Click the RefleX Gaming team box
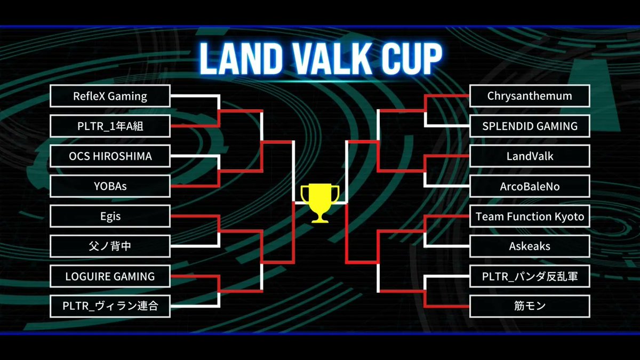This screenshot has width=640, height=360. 110,96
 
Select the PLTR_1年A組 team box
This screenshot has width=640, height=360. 110,126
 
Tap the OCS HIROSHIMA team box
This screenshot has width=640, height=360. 110,156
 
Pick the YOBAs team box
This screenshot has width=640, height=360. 110,187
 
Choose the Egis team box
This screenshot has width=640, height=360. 110,217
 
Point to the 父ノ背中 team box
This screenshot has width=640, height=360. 110,246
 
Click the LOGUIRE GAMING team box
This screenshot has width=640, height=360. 110,276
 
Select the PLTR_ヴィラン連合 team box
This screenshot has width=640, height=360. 110,307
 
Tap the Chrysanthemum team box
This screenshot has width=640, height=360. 530,96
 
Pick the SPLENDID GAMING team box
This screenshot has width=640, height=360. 530,126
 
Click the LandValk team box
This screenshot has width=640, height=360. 530,156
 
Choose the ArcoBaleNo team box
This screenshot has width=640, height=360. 530,187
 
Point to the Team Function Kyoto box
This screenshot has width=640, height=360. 530,217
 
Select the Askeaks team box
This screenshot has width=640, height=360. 530,246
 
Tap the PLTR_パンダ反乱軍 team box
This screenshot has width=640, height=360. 530,276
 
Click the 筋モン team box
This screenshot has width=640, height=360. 530,307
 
